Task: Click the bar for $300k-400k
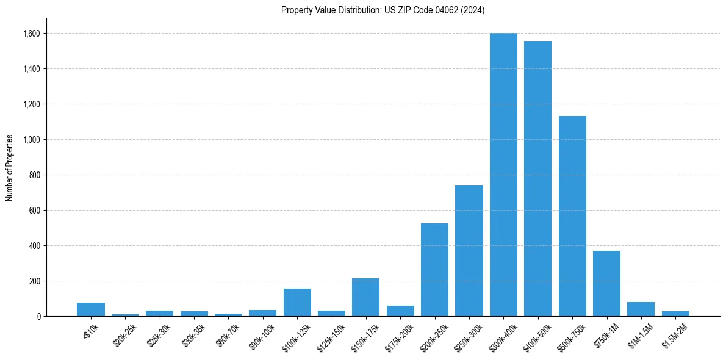click(503, 175)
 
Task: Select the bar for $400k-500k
click(537, 179)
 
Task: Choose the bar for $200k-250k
click(434, 270)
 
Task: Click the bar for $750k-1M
click(606, 283)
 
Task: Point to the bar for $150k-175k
click(365, 297)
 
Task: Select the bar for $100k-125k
click(297, 302)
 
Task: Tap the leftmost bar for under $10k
click(91, 309)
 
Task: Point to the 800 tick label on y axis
click(34, 175)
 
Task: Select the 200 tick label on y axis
click(34, 281)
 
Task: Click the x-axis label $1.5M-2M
click(675, 335)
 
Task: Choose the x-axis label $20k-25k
click(125, 335)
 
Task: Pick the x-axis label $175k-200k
click(400, 336)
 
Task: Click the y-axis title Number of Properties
click(10, 168)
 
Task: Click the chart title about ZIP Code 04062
click(383, 10)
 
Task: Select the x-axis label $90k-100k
click(262, 335)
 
